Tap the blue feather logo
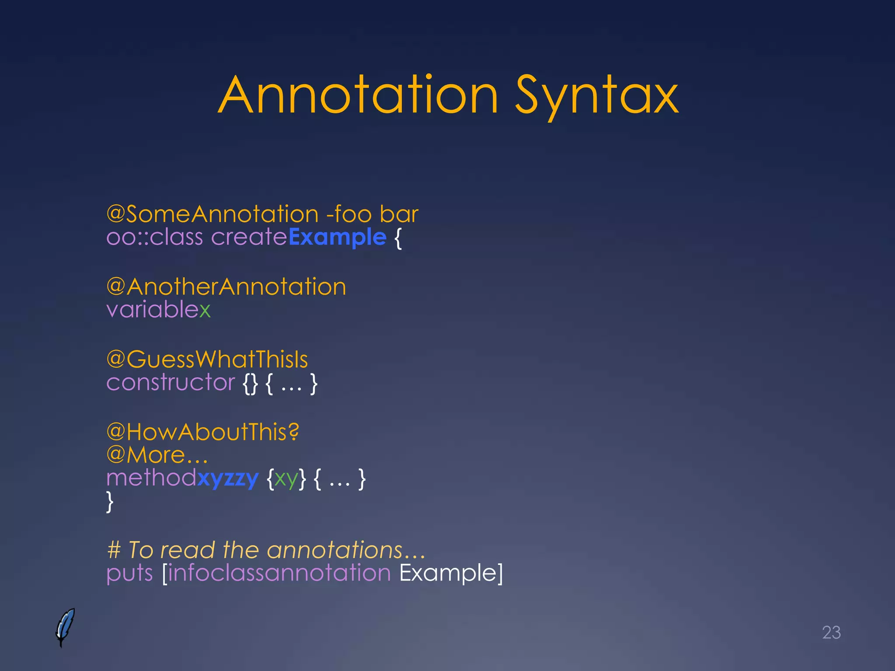pyautogui.click(x=65, y=627)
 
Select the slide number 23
pyautogui.click(x=831, y=633)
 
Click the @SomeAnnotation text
pyautogui.click(x=212, y=214)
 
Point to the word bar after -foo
pyautogui.click(x=399, y=214)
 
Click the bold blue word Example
pyautogui.click(x=337, y=238)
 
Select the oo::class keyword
pyautogui.click(x=155, y=238)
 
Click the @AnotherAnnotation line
pyautogui.click(x=226, y=287)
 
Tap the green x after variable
pyautogui.click(x=205, y=310)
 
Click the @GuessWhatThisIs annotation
pyautogui.click(x=207, y=359)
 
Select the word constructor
pyautogui.click(x=171, y=383)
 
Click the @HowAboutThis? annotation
pyautogui.click(x=203, y=432)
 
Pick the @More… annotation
pyautogui.click(x=157, y=455)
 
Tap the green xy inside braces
pyautogui.click(x=286, y=479)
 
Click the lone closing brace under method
pyautogui.click(x=110, y=502)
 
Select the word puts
pyautogui.click(x=129, y=573)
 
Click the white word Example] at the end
pyautogui.click(x=451, y=573)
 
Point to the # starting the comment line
pyautogui.click(x=114, y=550)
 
